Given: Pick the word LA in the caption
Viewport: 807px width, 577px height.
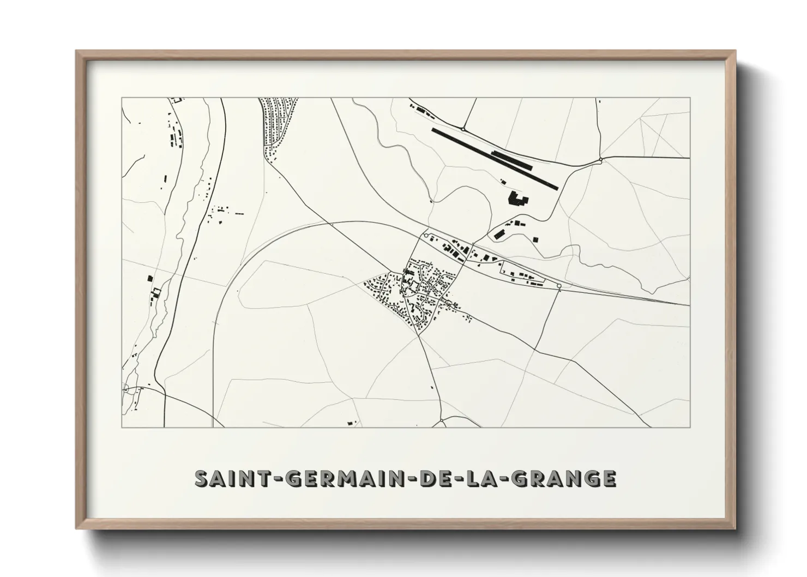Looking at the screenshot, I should (x=475, y=478).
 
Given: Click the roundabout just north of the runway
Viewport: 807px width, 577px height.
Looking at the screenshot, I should (x=463, y=129).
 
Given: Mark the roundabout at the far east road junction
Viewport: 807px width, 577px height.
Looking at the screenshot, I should (x=600, y=160).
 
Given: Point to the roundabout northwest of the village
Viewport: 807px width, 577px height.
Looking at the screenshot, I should (x=426, y=235).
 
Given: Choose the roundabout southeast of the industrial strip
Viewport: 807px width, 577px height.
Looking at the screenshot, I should (x=559, y=286).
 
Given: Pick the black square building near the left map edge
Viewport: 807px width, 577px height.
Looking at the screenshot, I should (x=150, y=278).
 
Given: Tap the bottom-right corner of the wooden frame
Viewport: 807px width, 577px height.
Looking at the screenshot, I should (x=735, y=528).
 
